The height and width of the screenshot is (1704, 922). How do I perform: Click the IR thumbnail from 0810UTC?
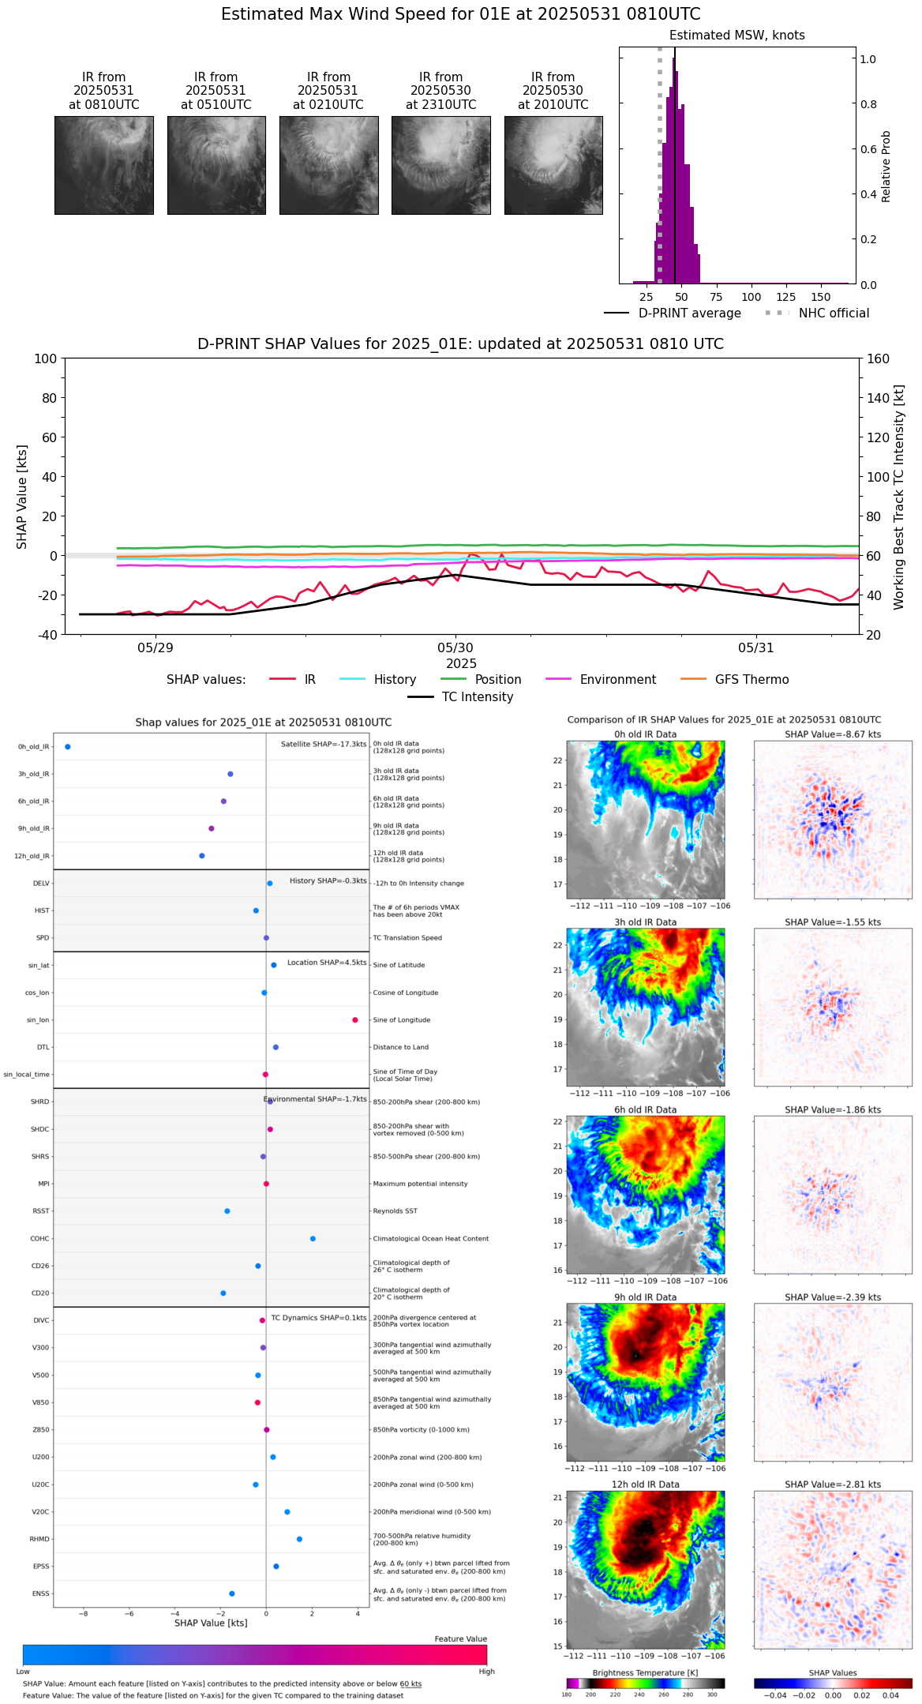coord(103,165)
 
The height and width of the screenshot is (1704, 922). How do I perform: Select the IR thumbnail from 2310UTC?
coord(440,165)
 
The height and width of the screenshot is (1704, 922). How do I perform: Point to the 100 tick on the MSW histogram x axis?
coord(751,297)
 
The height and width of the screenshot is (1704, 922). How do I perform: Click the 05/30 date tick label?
coord(455,647)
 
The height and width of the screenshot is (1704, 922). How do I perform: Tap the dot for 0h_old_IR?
coord(68,747)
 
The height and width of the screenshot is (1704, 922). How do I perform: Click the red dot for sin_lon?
coord(355,1020)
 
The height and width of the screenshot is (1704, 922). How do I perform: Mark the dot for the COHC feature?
coord(313,1238)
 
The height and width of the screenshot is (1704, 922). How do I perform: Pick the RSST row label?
coord(40,1211)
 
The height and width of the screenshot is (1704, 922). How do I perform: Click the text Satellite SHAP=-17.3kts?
coord(324,745)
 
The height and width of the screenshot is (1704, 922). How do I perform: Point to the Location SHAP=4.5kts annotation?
coord(327,963)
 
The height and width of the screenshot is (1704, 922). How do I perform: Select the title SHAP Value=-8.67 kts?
coord(833,734)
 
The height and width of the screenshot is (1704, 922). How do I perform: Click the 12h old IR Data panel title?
coord(645,1484)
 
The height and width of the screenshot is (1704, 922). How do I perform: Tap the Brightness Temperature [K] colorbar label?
coord(645,1672)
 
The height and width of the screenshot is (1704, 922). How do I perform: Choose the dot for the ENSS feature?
coord(231,1593)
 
